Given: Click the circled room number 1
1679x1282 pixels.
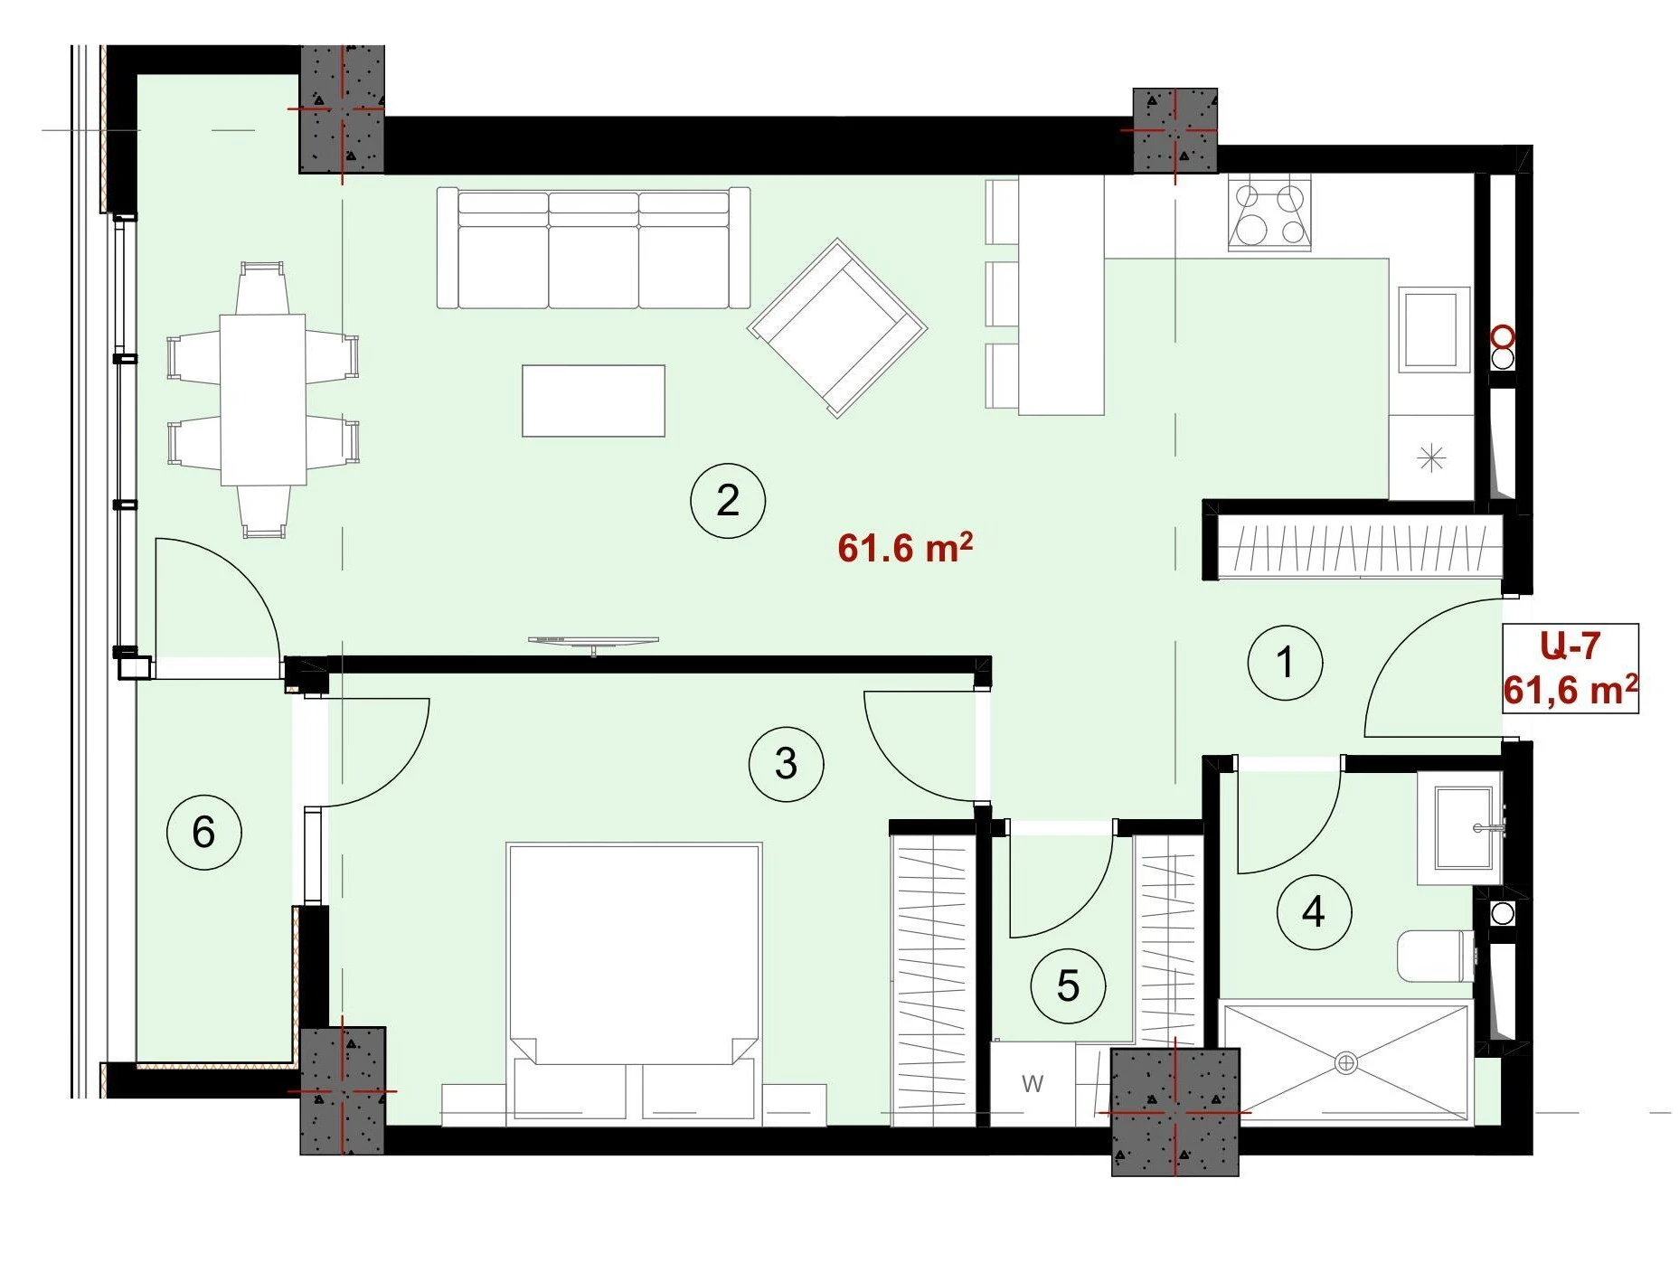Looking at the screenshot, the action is pos(1285,663).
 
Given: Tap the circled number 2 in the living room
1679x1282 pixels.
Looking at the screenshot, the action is pos(728,500).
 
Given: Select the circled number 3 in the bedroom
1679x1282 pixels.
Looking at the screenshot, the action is pos(786,764).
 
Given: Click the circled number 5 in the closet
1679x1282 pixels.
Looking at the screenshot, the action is pos(1068,985).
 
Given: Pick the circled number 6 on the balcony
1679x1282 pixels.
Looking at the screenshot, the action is pos(203,832).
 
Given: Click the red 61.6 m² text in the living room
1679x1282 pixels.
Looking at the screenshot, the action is pos(905,548).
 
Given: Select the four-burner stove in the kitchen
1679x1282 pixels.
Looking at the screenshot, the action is pos(1270,214).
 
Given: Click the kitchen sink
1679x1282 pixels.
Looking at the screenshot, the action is pos(1434,329).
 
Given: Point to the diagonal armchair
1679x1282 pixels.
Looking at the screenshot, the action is pos(837,327).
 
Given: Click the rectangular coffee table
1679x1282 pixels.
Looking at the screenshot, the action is pos(593,401).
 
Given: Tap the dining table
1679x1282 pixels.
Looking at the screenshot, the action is pos(263,400).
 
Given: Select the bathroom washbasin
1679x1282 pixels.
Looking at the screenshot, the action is pos(1459,827).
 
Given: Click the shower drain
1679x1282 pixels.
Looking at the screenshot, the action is pos(1345,1063).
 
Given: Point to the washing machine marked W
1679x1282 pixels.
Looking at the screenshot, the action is pos(1033,1084).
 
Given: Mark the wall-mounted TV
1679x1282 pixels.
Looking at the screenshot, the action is pos(593,642).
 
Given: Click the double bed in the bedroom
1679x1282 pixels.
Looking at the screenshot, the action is pos(634,985).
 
